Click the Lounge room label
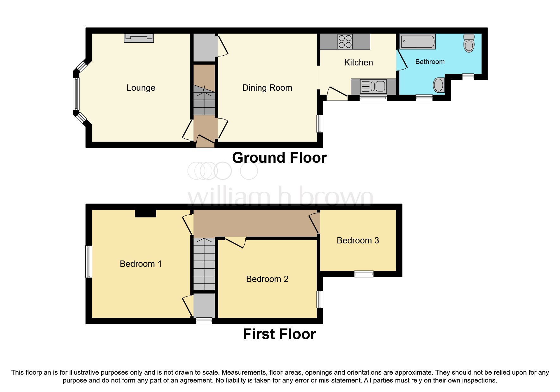[141, 88]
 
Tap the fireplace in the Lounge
[139, 38]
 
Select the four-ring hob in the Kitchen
[345, 41]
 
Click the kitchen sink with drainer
[373, 86]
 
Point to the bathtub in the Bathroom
[418, 41]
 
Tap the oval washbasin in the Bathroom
[439, 85]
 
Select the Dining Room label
[267, 88]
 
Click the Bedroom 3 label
[358, 241]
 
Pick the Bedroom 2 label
[267, 279]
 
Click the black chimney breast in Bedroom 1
[145, 213]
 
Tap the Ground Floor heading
[279, 158]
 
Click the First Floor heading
[279, 334]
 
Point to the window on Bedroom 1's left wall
[89, 261]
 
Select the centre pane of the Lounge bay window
[76, 94]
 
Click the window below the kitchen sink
[373, 98]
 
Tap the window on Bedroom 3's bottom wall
[364, 274]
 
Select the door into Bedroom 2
[235, 242]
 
